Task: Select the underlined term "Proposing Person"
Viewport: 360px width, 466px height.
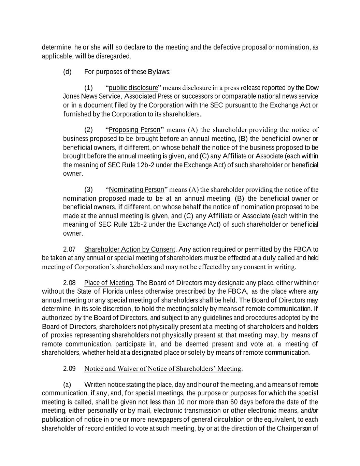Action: [134, 130]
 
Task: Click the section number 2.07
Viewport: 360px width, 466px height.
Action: [69, 249]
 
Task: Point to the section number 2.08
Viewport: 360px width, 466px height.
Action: [69, 283]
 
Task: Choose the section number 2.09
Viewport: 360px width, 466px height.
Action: [69, 369]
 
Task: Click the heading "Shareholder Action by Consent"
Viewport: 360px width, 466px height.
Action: [130, 249]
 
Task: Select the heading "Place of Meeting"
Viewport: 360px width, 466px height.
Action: [109, 283]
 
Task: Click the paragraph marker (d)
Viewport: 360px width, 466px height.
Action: [67, 72]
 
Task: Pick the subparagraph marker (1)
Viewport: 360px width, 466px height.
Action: [88, 88]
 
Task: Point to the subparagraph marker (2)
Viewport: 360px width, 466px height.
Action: [88, 130]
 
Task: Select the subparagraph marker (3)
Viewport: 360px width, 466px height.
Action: [88, 189]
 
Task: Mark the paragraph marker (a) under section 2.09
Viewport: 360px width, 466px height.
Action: [67, 384]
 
